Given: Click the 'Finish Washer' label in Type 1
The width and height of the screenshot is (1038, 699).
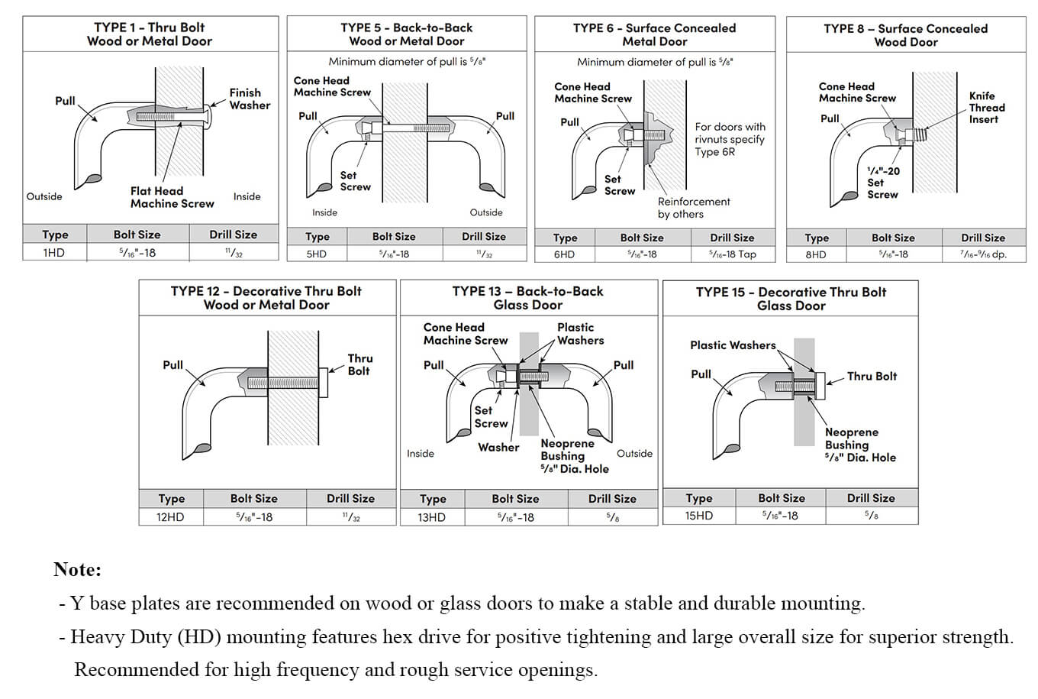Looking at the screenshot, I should tap(250, 99).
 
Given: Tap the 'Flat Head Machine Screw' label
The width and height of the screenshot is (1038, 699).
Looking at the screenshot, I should tap(172, 197).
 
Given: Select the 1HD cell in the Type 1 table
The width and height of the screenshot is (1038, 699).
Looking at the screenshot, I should tap(54, 252).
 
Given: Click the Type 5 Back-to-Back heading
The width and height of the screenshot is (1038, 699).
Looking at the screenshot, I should tap(406, 34).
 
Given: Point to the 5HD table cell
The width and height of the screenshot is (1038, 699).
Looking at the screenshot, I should tap(317, 254).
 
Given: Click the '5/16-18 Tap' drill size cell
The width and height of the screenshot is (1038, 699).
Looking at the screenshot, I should tap(732, 254).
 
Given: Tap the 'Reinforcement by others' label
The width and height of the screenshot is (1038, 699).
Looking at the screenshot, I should tap(693, 208).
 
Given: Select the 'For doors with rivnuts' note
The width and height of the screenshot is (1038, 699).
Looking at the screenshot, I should tap(730, 139).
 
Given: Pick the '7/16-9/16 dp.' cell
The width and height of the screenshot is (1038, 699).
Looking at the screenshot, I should tap(983, 254).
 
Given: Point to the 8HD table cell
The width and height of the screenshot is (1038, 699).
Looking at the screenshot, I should tap(816, 254).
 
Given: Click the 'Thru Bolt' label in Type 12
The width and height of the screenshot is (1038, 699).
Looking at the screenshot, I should tap(359, 364).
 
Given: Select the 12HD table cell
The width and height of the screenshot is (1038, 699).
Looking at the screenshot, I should tap(171, 517).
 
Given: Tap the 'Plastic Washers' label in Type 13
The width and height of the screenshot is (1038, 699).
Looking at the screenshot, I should tap(580, 334).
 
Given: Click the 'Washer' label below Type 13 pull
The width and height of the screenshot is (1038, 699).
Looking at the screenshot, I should tap(498, 448).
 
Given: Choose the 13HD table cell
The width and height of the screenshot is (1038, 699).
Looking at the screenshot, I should tap(432, 517).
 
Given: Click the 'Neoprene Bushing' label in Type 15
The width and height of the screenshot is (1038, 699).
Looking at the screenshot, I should tap(851, 438).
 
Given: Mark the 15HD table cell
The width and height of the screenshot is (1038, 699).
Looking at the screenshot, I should tap(698, 516).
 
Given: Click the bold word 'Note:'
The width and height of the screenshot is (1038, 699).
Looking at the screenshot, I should tap(77, 569).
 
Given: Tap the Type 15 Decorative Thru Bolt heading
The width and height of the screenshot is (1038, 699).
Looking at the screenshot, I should tap(791, 299).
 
